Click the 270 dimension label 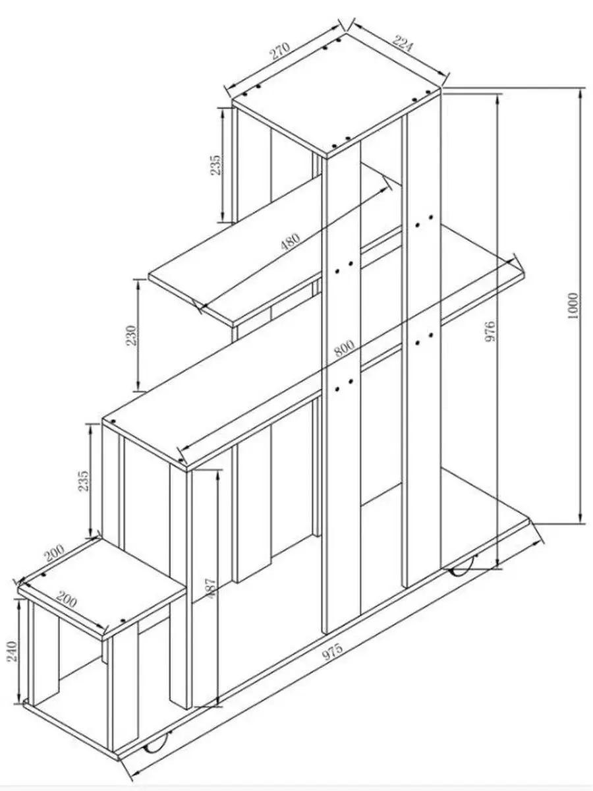[x=280, y=51]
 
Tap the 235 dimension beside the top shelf [x=215, y=165]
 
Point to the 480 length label [x=290, y=241]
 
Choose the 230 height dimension [x=132, y=335]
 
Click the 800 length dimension [x=345, y=348]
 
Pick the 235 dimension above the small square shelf [x=83, y=481]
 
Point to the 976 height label [x=490, y=331]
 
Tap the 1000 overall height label [x=573, y=305]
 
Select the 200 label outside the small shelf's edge [x=55, y=552]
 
